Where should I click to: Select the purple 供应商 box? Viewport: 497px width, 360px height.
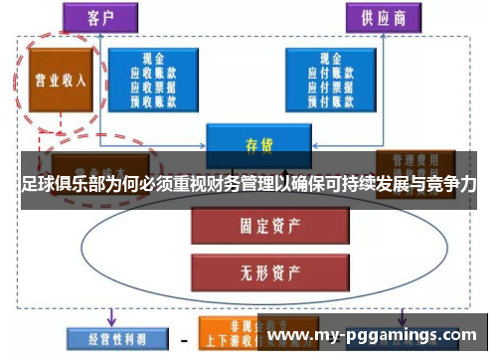[x=377, y=18]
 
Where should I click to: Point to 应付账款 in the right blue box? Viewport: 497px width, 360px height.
[x=329, y=73]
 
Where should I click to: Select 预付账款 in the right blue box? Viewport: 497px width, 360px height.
[x=329, y=98]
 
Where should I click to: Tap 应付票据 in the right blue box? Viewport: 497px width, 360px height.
[x=329, y=86]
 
